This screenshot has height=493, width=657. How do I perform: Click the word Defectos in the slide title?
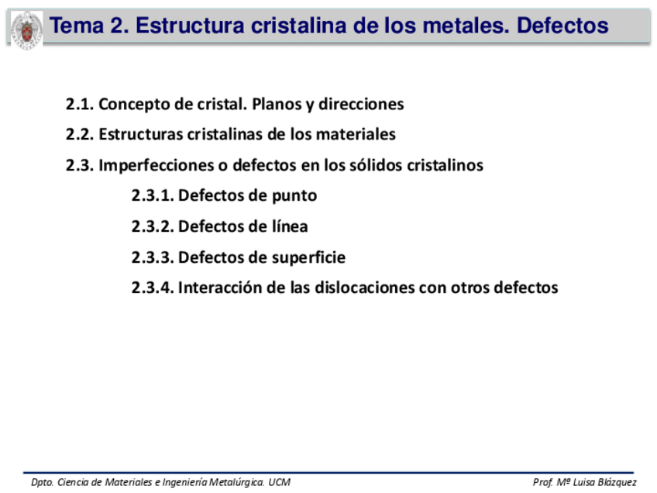point(562,26)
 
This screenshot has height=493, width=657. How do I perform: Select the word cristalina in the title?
point(298,26)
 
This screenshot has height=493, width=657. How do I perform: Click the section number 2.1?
point(80,104)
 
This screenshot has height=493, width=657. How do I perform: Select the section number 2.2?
point(80,134)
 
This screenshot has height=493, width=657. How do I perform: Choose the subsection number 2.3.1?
point(153,196)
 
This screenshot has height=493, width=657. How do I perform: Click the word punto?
point(294,196)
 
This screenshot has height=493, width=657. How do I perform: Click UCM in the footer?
point(280,483)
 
